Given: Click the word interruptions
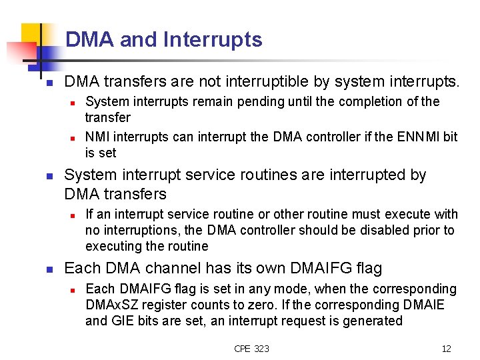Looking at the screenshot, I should [138, 231].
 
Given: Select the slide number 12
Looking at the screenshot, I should [446, 348].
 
